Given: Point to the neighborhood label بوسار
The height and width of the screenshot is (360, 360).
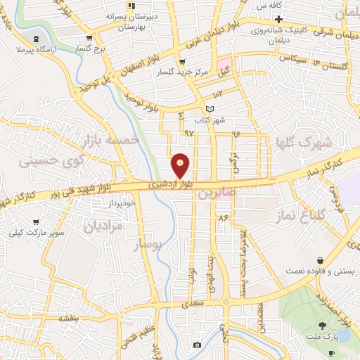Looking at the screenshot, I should click(148, 244).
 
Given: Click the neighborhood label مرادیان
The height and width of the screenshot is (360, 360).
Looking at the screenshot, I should click(103, 226).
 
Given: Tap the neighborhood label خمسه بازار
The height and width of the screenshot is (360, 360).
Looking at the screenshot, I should click(111, 140).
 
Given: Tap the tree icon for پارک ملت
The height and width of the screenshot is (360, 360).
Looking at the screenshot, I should click(323, 325).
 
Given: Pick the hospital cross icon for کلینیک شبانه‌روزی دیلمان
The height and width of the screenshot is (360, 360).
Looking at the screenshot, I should click(279, 18).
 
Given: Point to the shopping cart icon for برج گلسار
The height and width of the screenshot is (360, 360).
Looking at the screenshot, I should click(89, 39).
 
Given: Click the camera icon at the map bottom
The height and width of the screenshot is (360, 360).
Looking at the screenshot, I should click(197, 345).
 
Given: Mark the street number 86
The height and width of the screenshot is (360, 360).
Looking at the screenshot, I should click(224, 218).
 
